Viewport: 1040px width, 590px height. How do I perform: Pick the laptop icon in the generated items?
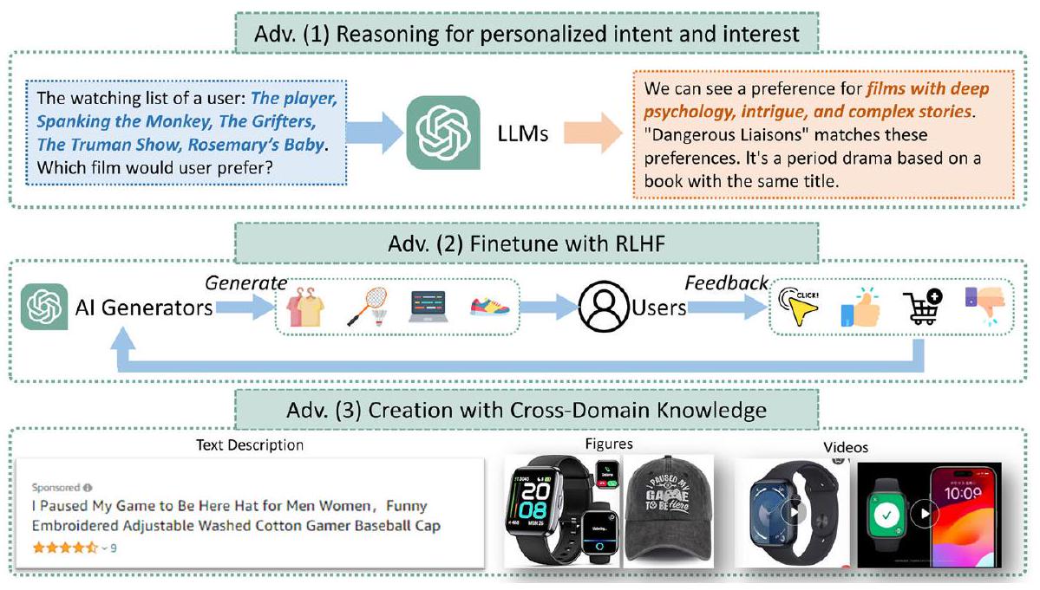tap(427, 308)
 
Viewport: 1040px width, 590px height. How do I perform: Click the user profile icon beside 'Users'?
tap(605, 308)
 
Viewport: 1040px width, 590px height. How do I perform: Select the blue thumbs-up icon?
tap(860, 307)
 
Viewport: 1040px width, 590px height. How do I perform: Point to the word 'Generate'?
tap(245, 282)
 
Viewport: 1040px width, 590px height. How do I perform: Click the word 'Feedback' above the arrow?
tap(726, 282)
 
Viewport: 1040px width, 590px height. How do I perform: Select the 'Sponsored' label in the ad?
tap(56, 487)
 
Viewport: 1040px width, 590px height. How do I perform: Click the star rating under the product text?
tap(62, 548)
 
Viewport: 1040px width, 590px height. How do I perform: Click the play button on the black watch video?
tap(793, 513)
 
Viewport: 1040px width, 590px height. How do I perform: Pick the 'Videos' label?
tap(846, 448)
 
